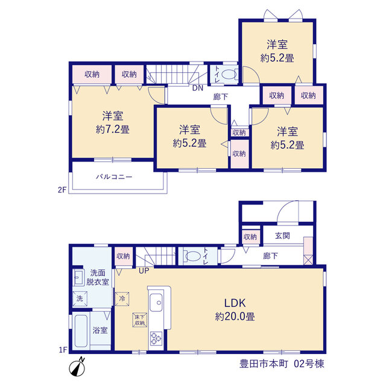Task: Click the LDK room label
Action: (x=235, y=303)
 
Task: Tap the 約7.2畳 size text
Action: (x=113, y=129)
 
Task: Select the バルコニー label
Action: (x=114, y=177)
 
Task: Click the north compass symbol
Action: (x=77, y=367)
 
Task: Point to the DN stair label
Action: (x=198, y=88)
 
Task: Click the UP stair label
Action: (x=144, y=271)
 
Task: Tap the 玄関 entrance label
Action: (x=282, y=236)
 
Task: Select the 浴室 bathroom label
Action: (x=100, y=330)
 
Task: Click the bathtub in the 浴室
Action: (x=81, y=331)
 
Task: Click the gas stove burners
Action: (x=156, y=338)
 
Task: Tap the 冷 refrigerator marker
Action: (x=122, y=299)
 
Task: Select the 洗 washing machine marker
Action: (x=80, y=299)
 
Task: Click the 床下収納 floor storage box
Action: (x=140, y=320)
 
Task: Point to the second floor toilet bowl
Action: (x=229, y=74)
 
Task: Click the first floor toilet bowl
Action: (x=193, y=256)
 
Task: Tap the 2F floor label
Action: (x=62, y=190)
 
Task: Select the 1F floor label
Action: (x=63, y=350)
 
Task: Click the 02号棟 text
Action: (x=309, y=364)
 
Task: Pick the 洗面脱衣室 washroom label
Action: (x=98, y=277)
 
